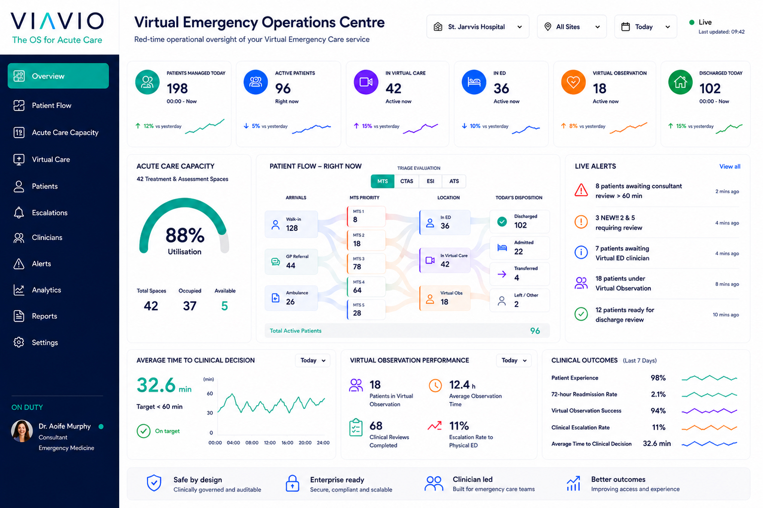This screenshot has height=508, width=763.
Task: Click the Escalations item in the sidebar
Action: click(x=50, y=213)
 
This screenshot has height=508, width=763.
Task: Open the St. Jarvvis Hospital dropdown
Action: click(x=478, y=27)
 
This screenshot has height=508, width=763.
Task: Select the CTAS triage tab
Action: click(x=407, y=181)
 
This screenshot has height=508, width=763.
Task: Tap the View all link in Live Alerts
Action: click(x=730, y=166)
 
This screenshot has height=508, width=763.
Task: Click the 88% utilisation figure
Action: click(x=185, y=235)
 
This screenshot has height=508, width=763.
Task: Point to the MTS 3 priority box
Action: click(x=366, y=263)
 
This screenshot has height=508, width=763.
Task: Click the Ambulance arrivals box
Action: click(x=291, y=298)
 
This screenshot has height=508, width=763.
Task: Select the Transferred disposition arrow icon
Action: click(x=502, y=274)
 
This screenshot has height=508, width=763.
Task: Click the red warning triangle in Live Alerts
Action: click(x=581, y=191)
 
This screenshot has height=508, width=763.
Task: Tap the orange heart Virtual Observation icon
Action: click(x=573, y=82)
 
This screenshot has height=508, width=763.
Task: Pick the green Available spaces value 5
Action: click(x=224, y=305)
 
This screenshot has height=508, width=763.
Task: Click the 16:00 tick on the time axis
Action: click(x=287, y=442)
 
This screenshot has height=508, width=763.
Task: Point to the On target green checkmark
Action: click(x=143, y=431)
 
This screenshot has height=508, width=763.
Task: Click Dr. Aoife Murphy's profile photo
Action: click(x=22, y=431)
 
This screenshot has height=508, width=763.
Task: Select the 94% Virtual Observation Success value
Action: click(x=658, y=411)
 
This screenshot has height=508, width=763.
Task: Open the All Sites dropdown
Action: click(x=571, y=27)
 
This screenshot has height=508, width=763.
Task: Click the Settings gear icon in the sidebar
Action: click(x=19, y=342)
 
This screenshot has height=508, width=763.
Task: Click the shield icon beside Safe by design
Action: click(x=154, y=483)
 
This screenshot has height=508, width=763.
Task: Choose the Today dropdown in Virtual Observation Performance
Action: click(x=514, y=361)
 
